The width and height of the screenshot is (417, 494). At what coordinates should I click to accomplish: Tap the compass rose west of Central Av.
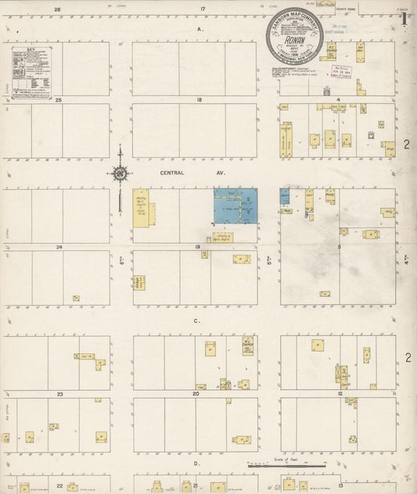point(120,173)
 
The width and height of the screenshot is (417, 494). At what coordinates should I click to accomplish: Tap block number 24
point(59,247)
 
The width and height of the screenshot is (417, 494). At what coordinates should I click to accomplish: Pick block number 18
point(200,100)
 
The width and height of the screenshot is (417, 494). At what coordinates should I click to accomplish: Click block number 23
point(59,395)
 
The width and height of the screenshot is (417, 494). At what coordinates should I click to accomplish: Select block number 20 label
point(196,395)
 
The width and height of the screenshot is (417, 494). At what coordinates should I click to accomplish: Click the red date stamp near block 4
point(341,71)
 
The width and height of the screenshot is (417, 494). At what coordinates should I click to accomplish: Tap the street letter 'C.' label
point(197,320)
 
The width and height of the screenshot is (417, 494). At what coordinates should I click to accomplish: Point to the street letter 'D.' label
point(197,464)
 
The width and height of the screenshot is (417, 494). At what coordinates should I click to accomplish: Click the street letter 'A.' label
point(200,29)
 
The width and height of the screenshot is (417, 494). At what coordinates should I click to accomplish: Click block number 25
point(58,100)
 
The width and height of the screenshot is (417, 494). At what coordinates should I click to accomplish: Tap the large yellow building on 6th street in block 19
point(142,208)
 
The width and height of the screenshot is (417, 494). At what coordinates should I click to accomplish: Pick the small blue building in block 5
point(285,196)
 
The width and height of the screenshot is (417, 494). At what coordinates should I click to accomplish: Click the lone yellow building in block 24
point(76,298)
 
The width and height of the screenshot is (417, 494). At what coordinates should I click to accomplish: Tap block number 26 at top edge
point(58,9)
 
